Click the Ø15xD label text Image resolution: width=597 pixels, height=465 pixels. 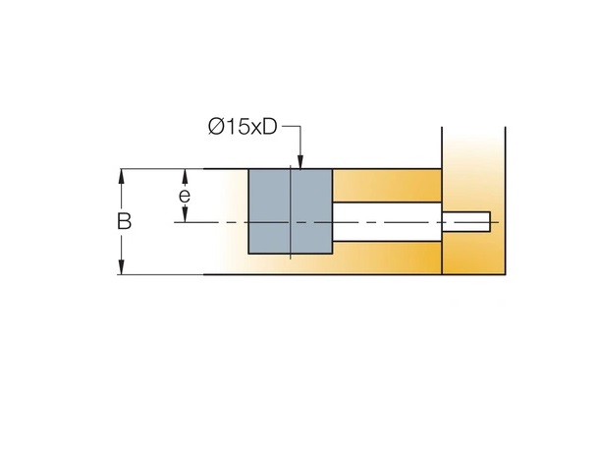point(243,127)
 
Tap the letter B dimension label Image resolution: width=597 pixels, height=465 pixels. point(124,221)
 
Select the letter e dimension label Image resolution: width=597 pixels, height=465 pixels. point(185,196)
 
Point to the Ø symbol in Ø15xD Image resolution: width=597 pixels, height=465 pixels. point(216,127)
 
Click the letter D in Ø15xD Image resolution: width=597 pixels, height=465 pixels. point(270,127)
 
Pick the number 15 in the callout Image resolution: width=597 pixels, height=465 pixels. point(238,127)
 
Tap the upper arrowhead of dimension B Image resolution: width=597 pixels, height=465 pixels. point(121,176)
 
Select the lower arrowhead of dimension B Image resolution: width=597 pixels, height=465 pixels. point(121,267)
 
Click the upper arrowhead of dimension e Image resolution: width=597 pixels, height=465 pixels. point(185,176)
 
